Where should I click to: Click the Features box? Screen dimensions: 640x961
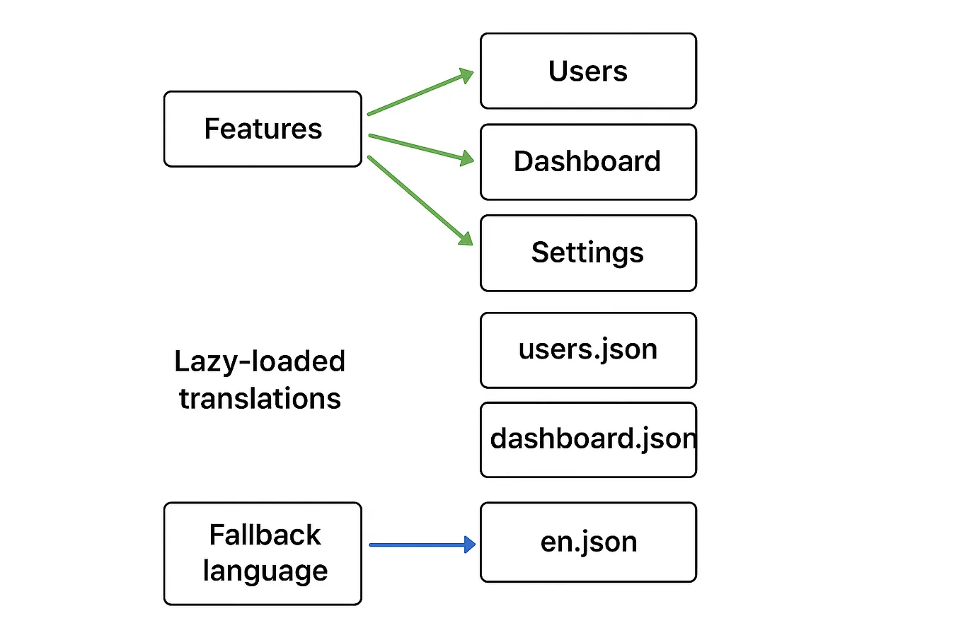pyautogui.click(x=263, y=129)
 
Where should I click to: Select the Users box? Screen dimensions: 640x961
pyautogui.click(x=588, y=71)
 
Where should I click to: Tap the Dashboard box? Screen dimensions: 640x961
pyautogui.click(x=588, y=162)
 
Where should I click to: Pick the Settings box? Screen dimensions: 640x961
pyautogui.click(x=588, y=253)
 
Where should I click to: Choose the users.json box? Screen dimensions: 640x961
pyautogui.click(x=588, y=350)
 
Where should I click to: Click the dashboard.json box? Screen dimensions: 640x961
pyautogui.click(x=588, y=440)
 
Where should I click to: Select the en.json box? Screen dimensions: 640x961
pyautogui.click(x=588, y=542)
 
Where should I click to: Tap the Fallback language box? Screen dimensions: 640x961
pyautogui.click(x=263, y=554)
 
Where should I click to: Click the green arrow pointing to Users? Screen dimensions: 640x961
pyautogui.click(x=418, y=93)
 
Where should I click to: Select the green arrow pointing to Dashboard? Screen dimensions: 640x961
pyautogui.click(x=418, y=146)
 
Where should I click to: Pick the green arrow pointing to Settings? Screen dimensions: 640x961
pyautogui.click(x=418, y=199)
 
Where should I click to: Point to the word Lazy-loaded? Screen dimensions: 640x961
pyautogui.click(x=260, y=361)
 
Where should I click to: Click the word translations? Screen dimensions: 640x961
pyautogui.click(x=260, y=399)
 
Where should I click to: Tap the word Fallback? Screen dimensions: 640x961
pyautogui.click(x=265, y=535)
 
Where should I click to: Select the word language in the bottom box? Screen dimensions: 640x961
pyautogui.click(x=265, y=571)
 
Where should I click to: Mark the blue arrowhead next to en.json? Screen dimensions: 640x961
pyautogui.click(x=469, y=545)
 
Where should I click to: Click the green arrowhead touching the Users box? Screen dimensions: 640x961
pyautogui.click(x=466, y=74)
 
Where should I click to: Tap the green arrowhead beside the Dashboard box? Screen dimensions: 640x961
pyautogui.click(x=467, y=158)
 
